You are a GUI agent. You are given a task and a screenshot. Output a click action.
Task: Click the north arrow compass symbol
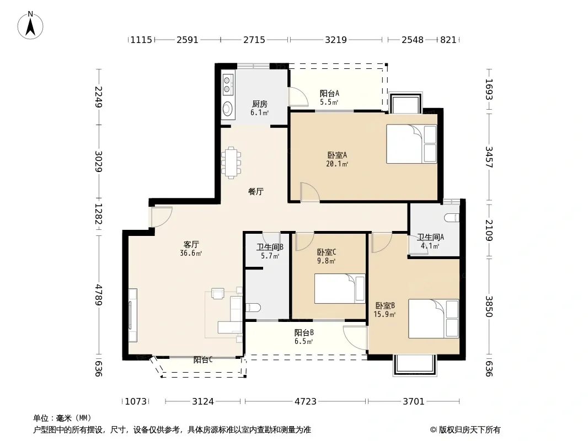click(30, 25)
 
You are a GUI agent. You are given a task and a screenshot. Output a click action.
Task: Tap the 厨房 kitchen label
click(259, 104)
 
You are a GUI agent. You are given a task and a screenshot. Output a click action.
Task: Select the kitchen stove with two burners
click(227, 84)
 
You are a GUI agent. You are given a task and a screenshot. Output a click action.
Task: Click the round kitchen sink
click(227, 109)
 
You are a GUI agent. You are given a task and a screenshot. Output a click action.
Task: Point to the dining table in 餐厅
click(231, 163)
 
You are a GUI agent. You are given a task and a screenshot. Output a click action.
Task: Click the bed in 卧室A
click(411, 144)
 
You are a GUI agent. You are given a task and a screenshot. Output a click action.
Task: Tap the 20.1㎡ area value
click(337, 163)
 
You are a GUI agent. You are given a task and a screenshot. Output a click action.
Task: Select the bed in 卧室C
click(340, 288)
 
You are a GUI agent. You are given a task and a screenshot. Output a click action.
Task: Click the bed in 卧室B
click(434, 319)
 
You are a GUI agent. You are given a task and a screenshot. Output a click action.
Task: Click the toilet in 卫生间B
click(253, 308)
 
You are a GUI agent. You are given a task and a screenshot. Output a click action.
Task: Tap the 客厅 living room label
click(191, 244)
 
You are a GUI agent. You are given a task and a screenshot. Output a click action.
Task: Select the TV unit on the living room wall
click(132, 315)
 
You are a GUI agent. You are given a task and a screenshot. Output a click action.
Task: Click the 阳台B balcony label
click(304, 332)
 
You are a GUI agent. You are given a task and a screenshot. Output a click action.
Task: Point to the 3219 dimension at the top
click(335, 40)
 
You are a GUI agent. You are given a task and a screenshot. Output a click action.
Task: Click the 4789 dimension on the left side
click(98, 295)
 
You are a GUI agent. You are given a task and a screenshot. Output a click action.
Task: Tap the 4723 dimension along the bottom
click(306, 401)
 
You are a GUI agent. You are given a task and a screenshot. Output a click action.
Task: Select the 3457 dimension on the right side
click(489, 157)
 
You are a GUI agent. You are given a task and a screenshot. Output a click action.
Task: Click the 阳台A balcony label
click(329, 93)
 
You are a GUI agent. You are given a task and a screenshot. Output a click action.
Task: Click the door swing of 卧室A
click(310, 192)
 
